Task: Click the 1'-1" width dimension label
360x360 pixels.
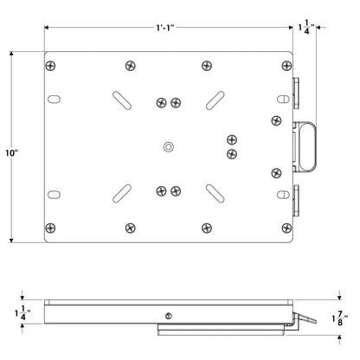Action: pyautogui.click(x=165, y=28)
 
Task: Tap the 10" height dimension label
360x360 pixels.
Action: pyautogui.click(x=12, y=153)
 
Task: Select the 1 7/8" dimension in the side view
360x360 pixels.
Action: pyautogui.click(x=339, y=318)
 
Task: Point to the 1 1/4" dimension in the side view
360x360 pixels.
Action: pyautogui.click(x=22, y=313)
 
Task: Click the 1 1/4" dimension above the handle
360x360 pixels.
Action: pyautogui.click(x=306, y=27)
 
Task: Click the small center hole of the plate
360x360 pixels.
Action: pyautogui.click(x=169, y=147)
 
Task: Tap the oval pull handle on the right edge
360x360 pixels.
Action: pyautogui.click(x=308, y=147)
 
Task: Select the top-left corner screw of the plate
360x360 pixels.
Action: pyautogui.click(x=50, y=66)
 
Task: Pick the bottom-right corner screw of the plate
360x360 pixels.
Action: pyautogui.click(x=286, y=228)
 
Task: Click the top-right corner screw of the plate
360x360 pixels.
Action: pyautogui.click(x=286, y=66)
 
